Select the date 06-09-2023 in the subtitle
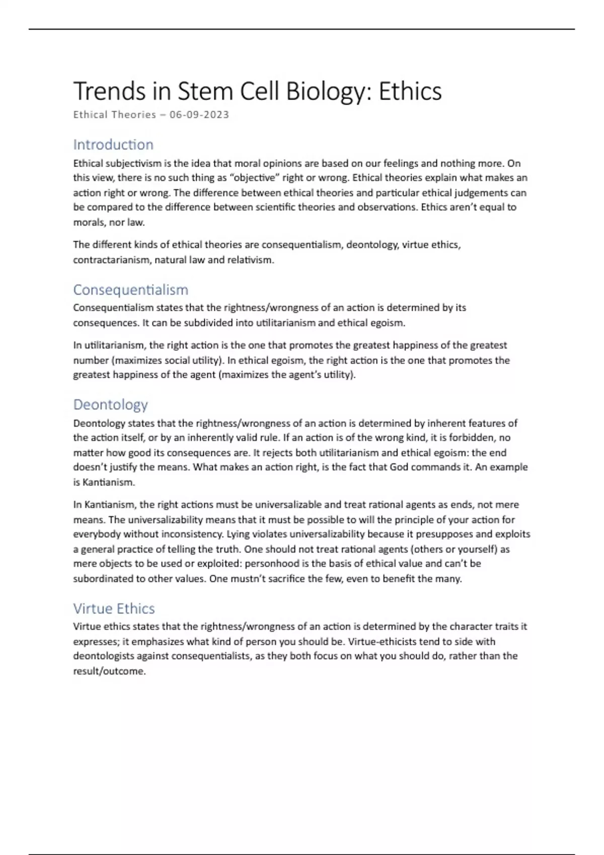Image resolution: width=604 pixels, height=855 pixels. click(x=199, y=115)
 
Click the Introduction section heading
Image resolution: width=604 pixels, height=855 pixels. click(x=113, y=145)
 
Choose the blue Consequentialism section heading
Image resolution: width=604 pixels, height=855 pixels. click(x=131, y=290)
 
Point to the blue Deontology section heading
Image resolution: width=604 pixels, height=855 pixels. click(x=111, y=404)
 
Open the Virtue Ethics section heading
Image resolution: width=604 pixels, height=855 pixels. click(x=114, y=609)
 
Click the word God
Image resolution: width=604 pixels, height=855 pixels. click(x=399, y=467)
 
